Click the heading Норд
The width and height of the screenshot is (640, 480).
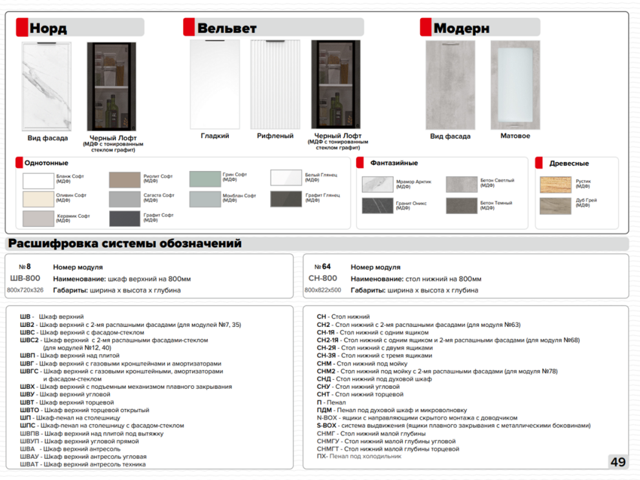pyautogui.click(x=48, y=28)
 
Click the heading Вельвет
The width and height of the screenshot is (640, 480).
pyautogui.click(x=227, y=28)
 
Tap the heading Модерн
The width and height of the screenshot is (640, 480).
pyautogui.click(x=461, y=28)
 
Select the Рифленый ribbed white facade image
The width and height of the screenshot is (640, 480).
pyautogui.click(x=275, y=85)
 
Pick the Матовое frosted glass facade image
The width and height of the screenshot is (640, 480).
pyautogui.click(x=515, y=85)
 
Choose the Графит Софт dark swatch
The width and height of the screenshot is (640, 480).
pyautogui.click(x=125, y=218)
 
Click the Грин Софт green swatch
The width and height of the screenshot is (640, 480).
pyautogui.click(x=205, y=178)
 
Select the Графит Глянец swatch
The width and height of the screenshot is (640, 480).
pyautogui.click(x=286, y=198)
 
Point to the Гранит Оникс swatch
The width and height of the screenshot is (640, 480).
pyautogui.click(x=378, y=206)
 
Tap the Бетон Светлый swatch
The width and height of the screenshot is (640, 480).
pyautogui.click(x=461, y=183)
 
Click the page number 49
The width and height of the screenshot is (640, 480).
pyautogui.click(x=617, y=462)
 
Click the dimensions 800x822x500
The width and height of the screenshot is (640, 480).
pyautogui.click(x=323, y=291)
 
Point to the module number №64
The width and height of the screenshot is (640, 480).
pyautogui.click(x=323, y=267)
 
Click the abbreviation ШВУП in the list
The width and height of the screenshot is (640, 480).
pyautogui.click(x=30, y=441)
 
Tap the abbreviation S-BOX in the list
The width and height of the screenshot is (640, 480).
pyautogui.click(x=326, y=426)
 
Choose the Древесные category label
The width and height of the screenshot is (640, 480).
pyautogui.click(x=569, y=163)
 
